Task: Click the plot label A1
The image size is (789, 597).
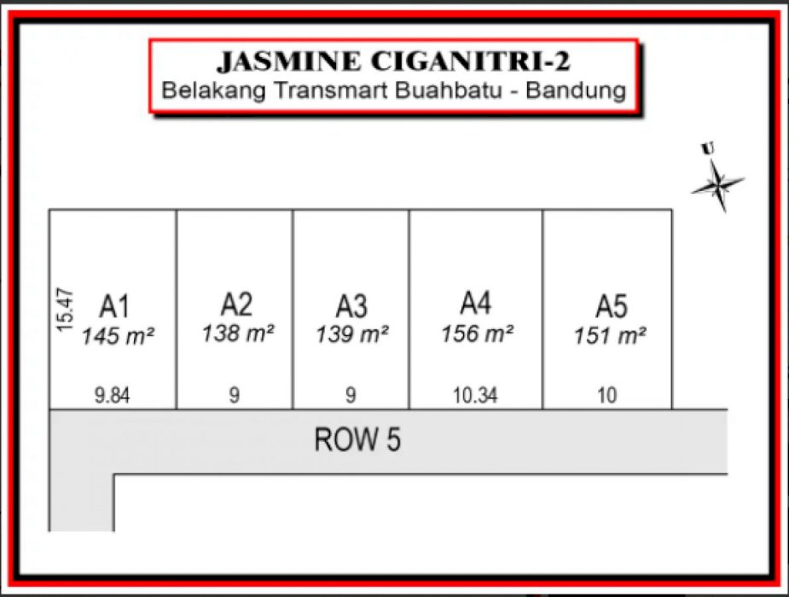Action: tap(115, 305)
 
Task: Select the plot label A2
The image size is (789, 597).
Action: tap(236, 304)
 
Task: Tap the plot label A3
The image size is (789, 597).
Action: tap(351, 305)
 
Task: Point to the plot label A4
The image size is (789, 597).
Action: tap(476, 303)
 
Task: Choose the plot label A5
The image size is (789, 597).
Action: tap(611, 305)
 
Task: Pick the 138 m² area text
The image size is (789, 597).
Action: tap(238, 333)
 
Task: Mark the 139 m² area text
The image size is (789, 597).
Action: tap(352, 334)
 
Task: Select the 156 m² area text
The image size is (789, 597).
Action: tap(477, 333)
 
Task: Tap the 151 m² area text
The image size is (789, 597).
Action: tap(610, 335)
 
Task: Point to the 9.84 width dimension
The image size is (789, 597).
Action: tap(113, 396)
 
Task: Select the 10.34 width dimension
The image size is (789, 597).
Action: tap(475, 396)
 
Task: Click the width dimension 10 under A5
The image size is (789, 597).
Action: tap(607, 396)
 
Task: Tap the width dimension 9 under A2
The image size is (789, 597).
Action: tap(235, 396)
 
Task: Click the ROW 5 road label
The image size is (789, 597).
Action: tap(357, 441)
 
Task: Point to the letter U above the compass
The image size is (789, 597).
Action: tap(707, 149)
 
